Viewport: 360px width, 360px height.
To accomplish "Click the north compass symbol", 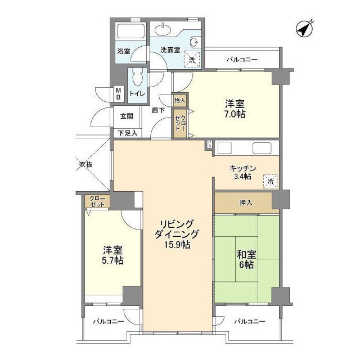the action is pyautogui.click(x=305, y=29).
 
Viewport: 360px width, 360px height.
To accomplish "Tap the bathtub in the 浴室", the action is pyautogui.click(x=130, y=31).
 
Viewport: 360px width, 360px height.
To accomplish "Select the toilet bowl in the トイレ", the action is pyautogui.click(x=138, y=78).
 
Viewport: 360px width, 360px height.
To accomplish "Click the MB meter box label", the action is pyautogui.click(x=119, y=94).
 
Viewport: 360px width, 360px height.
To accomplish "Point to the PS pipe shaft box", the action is pyautogui.click(x=209, y=145).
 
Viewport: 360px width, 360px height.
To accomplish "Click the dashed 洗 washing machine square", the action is pyautogui.click(x=192, y=59).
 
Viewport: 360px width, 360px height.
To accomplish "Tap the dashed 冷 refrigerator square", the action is pyautogui.click(x=271, y=181).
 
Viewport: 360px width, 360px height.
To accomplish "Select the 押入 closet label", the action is pyautogui.click(x=246, y=202).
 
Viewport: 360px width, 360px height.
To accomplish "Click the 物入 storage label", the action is pyautogui.click(x=180, y=100).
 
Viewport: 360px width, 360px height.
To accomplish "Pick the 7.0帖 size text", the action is pyautogui.click(x=235, y=114).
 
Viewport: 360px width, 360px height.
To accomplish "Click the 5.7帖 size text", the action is pyautogui.click(x=112, y=260).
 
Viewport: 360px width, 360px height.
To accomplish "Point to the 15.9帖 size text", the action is pyautogui.click(x=177, y=245).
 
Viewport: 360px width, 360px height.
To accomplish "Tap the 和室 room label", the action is pyautogui.click(x=246, y=254).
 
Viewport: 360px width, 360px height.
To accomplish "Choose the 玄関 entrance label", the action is pyautogui.click(x=127, y=116).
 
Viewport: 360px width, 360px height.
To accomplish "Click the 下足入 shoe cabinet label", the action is pyautogui.click(x=128, y=133).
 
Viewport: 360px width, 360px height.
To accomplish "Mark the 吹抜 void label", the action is pyautogui.click(x=86, y=164).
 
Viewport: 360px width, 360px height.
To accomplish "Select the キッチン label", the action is pyautogui.click(x=242, y=169).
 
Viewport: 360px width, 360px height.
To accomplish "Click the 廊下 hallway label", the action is pyautogui.click(x=158, y=110).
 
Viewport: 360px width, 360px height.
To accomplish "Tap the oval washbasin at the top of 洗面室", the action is pyautogui.click(x=163, y=30).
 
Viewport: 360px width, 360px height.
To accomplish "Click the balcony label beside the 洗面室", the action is pyautogui.click(x=242, y=60).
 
